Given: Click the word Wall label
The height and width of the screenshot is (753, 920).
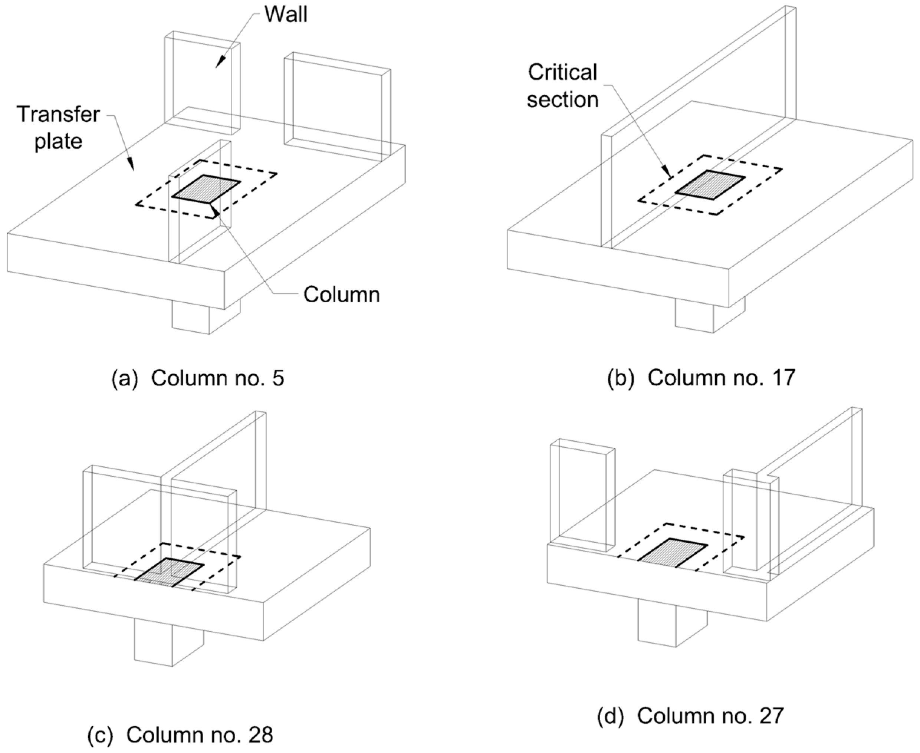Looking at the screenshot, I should (286, 14).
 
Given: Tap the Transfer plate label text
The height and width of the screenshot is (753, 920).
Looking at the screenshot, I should (58, 128).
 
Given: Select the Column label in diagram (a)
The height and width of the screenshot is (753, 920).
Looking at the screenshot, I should (341, 295).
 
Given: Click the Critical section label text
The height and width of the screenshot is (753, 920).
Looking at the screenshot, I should (563, 86).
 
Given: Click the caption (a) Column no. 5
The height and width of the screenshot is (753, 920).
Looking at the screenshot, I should (198, 378).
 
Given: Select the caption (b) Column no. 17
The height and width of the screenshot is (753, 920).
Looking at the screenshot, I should (701, 378).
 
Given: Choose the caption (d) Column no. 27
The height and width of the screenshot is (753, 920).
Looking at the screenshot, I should (690, 716).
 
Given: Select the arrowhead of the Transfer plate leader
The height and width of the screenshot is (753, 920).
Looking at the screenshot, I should (131, 164).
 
